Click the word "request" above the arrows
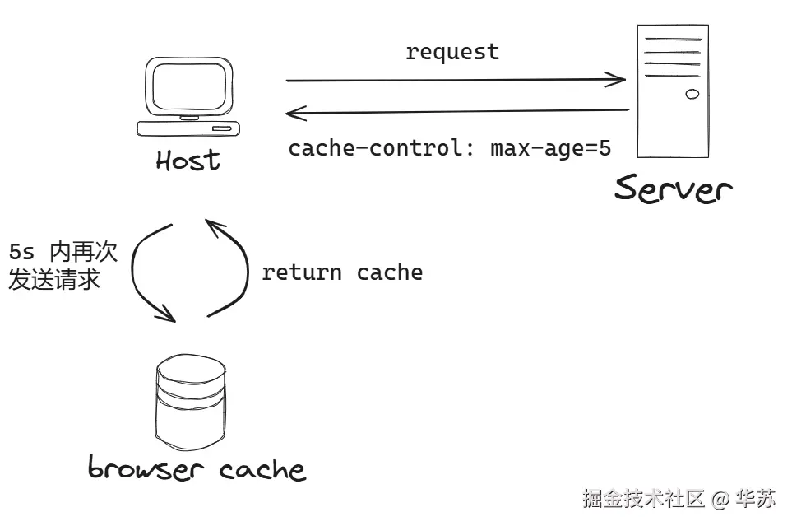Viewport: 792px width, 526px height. coord(452,52)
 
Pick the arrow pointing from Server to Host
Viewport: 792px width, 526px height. coord(456,110)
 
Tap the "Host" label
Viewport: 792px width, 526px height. coord(188,160)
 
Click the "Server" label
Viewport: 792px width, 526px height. coord(673,189)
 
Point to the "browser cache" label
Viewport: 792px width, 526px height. coord(197,469)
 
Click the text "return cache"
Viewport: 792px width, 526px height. coord(342,272)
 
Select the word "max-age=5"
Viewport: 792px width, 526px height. coord(551,149)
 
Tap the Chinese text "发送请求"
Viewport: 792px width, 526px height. coord(54,280)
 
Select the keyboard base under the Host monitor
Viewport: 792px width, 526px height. coord(188,128)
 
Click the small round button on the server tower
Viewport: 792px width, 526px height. coord(692,94)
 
